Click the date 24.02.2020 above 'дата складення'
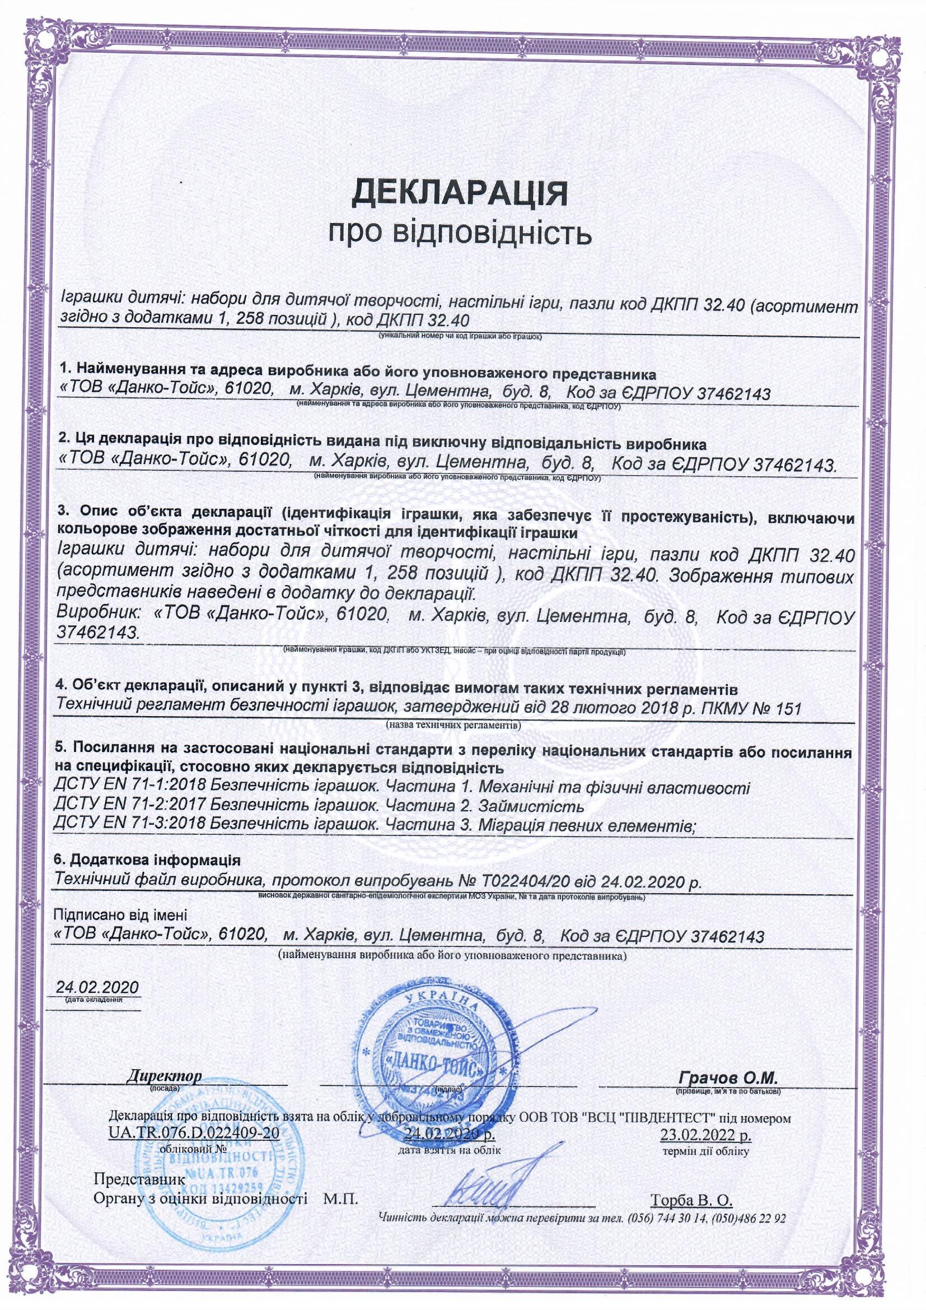(97, 987)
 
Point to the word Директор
(164, 1077)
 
